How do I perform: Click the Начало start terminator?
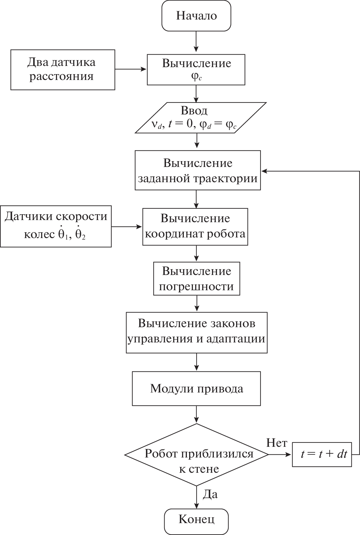pos(196,16)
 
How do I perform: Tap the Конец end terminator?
pos(196,519)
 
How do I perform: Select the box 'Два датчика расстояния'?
pos(63,70)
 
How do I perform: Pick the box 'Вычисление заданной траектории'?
pos(198,170)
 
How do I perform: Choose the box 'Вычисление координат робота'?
pos(195,227)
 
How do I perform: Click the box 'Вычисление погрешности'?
pos(196,279)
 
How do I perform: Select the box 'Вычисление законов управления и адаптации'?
pos(197,332)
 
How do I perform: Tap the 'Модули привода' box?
pos(196,389)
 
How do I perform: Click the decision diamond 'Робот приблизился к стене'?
pos(196,454)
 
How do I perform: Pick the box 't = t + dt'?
pos(322,454)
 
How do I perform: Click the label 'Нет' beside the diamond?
pos(277,443)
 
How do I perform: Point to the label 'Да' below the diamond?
pos(210,494)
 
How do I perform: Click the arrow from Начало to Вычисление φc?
pos(196,42)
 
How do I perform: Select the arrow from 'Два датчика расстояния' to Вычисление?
pos(131,70)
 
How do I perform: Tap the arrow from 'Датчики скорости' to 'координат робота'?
pos(127,226)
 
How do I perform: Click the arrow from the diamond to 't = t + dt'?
pos(280,454)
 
